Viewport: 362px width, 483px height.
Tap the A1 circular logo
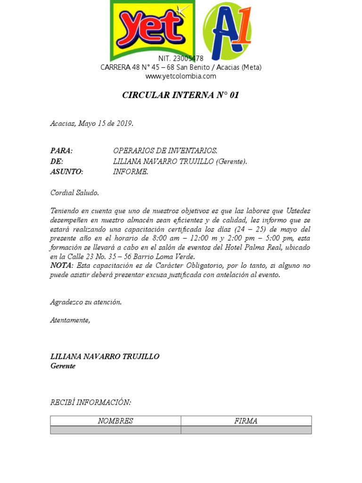[x=227, y=31]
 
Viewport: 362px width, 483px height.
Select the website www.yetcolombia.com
[x=181, y=76]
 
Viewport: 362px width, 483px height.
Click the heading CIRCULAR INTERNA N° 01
[x=181, y=95]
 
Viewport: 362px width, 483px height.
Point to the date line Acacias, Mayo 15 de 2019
[x=92, y=124]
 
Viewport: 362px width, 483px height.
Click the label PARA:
[x=61, y=151]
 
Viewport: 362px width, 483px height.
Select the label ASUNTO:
[x=66, y=172]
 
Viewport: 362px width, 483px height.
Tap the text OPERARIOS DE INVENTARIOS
[x=165, y=151]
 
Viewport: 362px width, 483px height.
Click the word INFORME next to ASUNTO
[x=131, y=172]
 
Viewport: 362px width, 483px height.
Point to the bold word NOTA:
[x=61, y=266]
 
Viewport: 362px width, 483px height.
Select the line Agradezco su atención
[x=86, y=302]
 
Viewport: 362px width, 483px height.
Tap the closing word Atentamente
[x=70, y=320]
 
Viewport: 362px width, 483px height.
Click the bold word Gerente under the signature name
[x=63, y=366]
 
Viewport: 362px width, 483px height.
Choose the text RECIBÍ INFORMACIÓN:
[x=90, y=402]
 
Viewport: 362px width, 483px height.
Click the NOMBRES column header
[x=115, y=421]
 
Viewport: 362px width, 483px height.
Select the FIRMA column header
[x=246, y=421]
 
